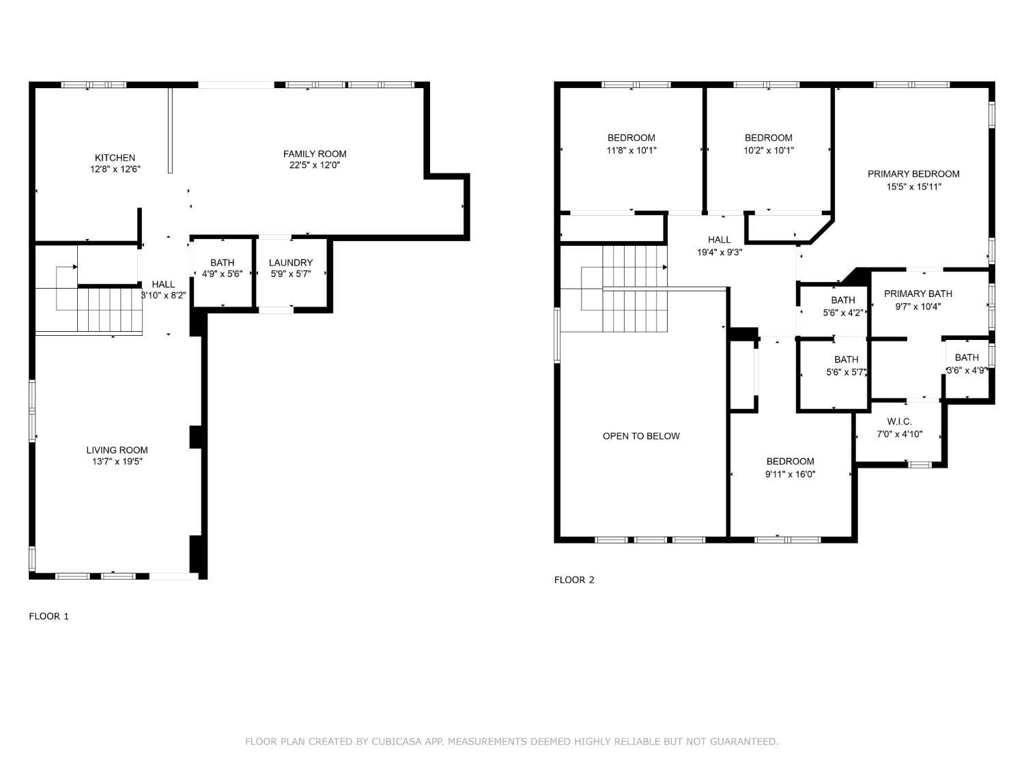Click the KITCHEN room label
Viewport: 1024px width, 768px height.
coord(115,158)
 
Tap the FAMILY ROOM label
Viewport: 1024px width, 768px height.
coord(315,154)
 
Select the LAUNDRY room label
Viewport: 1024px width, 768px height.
coord(291,263)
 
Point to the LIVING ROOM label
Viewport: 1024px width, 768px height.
coord(117,450)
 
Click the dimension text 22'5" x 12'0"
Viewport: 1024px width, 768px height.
coord(315,165)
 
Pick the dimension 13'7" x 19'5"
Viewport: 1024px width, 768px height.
coord(117,461)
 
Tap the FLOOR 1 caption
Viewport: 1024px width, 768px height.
coord(49,616)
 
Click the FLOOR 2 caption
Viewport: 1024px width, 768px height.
coord(574,580)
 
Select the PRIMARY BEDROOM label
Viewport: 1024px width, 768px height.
coord(913,174)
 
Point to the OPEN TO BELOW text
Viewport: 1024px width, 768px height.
coord(641,436)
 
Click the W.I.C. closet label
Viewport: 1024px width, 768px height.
coord(899,421)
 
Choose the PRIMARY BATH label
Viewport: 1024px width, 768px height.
coord(918,294)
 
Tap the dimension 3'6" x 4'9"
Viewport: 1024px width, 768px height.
coord(967,371)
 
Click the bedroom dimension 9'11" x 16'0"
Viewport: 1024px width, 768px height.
coord(790,474)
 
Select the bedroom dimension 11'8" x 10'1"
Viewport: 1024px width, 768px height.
coord(631,151)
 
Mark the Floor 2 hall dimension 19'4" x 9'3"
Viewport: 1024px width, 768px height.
coord(720,253)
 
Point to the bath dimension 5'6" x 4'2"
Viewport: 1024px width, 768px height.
coord(843,313)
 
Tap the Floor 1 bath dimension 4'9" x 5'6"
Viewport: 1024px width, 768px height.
coord(222,274)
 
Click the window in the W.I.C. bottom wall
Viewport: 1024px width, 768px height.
coord(919,464)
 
